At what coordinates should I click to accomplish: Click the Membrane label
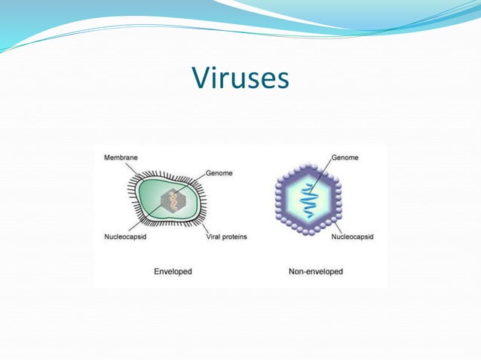pos(121,157)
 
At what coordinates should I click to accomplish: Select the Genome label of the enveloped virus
pos(219,172)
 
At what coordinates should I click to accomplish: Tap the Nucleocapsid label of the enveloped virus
pos(126,236)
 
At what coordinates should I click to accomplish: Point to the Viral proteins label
pos(226,236)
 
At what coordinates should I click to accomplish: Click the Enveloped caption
pos(173,271)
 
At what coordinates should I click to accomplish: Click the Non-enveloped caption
pos(316,271)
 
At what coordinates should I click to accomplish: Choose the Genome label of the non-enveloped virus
pos(345,157)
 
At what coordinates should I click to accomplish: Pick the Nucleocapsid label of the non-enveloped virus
pos(352,236)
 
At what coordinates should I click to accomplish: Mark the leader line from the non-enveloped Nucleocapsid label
pos(338,226)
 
